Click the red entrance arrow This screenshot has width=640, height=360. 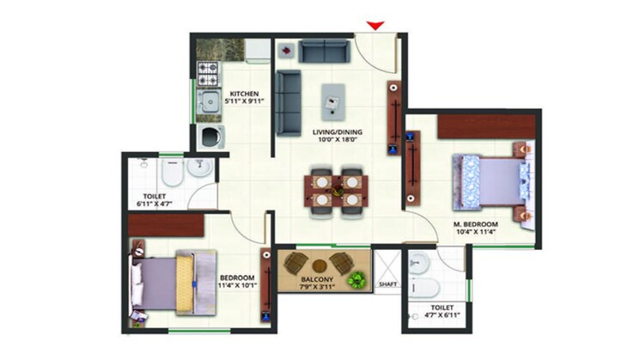pos(375,25)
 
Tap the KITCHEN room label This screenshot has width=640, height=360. pos(242,93)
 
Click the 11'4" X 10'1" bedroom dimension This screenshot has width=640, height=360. pos(236,287)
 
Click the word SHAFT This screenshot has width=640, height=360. pos(387,284)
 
